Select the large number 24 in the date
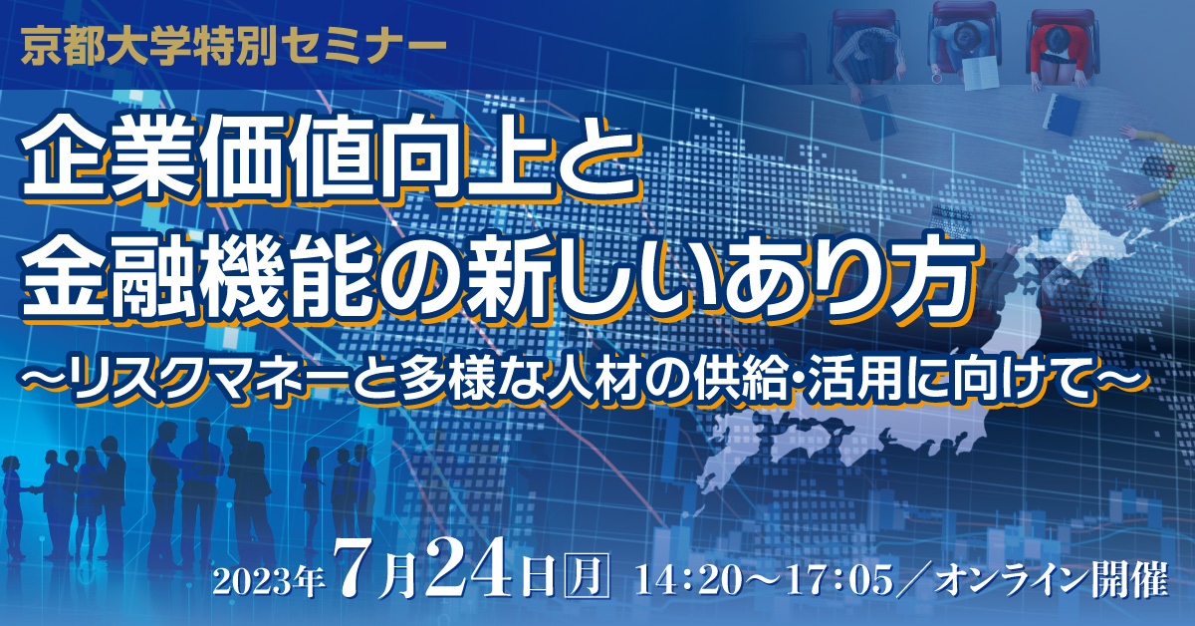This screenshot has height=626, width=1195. coord(473,567)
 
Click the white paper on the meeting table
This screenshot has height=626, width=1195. coord(981,73)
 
